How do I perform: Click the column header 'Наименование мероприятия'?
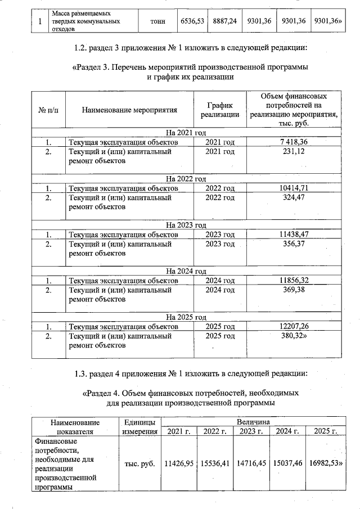[129, 110]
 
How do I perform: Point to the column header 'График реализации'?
[216, 110]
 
